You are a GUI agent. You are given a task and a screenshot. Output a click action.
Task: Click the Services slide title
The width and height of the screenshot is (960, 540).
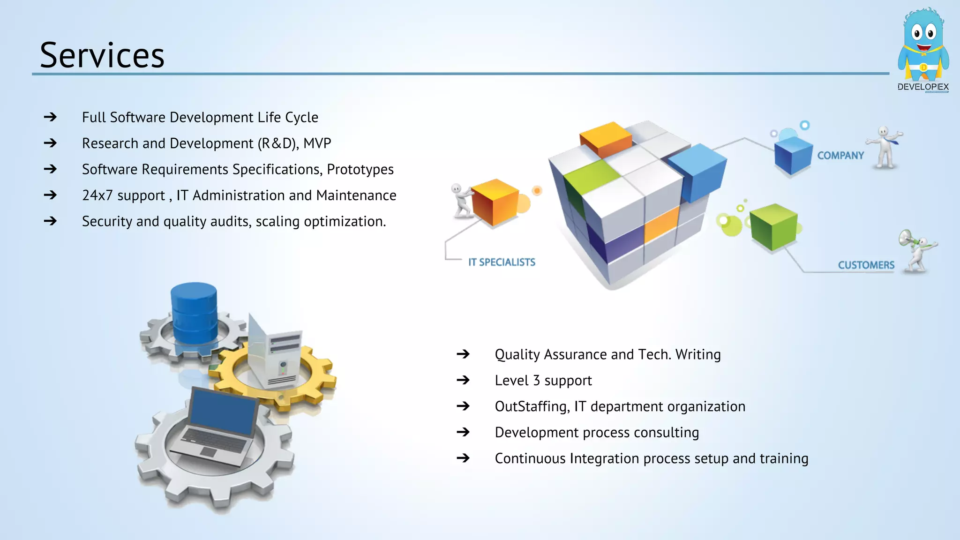click(x=102, y=55)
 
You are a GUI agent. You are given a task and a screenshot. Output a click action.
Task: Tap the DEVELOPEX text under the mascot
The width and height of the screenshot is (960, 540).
click(x=922, y=87)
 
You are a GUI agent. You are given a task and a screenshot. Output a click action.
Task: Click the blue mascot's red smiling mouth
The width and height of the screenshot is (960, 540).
click(x=923, y=47)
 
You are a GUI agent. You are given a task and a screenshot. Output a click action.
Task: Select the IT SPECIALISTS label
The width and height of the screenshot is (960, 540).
click(x=502, y=262)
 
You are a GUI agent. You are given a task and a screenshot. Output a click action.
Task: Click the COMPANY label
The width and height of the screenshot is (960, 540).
click(x=840, y=156)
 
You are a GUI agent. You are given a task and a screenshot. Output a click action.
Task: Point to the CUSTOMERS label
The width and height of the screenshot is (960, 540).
click(x=866, y=265)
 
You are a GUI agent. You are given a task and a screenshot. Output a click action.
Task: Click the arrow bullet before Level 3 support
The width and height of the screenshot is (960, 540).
click(x=463, y=380)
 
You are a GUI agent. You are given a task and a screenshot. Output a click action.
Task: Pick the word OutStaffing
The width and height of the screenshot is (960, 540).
click(x=532, y=406)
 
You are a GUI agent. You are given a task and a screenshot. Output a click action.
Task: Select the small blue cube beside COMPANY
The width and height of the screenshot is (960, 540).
click(x=793, y=155)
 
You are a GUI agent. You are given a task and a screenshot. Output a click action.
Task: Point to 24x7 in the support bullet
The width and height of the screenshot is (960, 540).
click(x=97, y=195)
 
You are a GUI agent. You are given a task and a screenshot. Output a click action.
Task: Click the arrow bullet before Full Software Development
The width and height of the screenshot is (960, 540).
click(x=50, y=117)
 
